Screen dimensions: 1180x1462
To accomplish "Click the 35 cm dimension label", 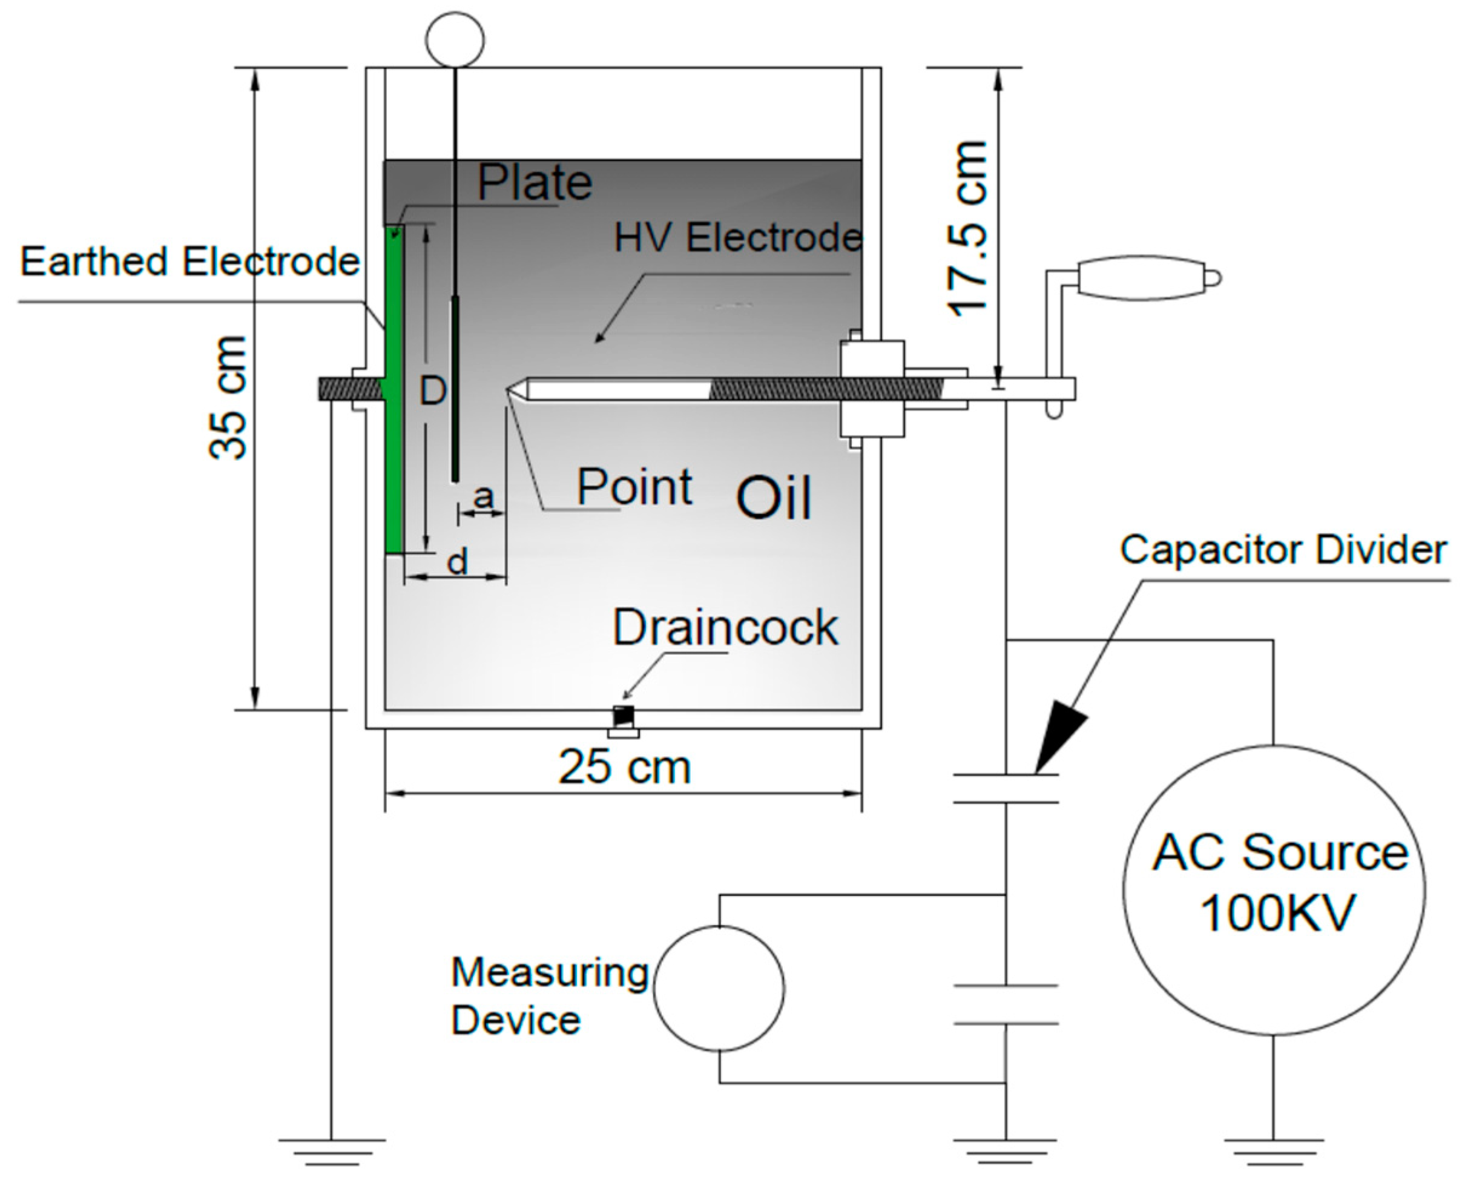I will pyautogui.click(x=228, y=398).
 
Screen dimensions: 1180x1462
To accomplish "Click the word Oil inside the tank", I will pyautogui.click(x=774, y=498).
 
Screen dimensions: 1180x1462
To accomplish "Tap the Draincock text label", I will pyautogui.click(x=725, y=627).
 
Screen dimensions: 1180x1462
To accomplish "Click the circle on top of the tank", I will pyautogui.click(x=455, y=39).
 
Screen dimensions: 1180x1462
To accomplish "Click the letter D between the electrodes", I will pyautogui.click(x=432, y=391).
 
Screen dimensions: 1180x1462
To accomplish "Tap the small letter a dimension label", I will pyautogui.click(x=483, y=497).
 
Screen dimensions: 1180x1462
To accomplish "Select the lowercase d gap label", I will pyautogui.click(x=458, y=561).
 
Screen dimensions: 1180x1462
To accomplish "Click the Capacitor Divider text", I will pyautogui.click(x=1283, y=549).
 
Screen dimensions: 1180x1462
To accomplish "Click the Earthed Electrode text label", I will pyautogui.click(x=189, y=262).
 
